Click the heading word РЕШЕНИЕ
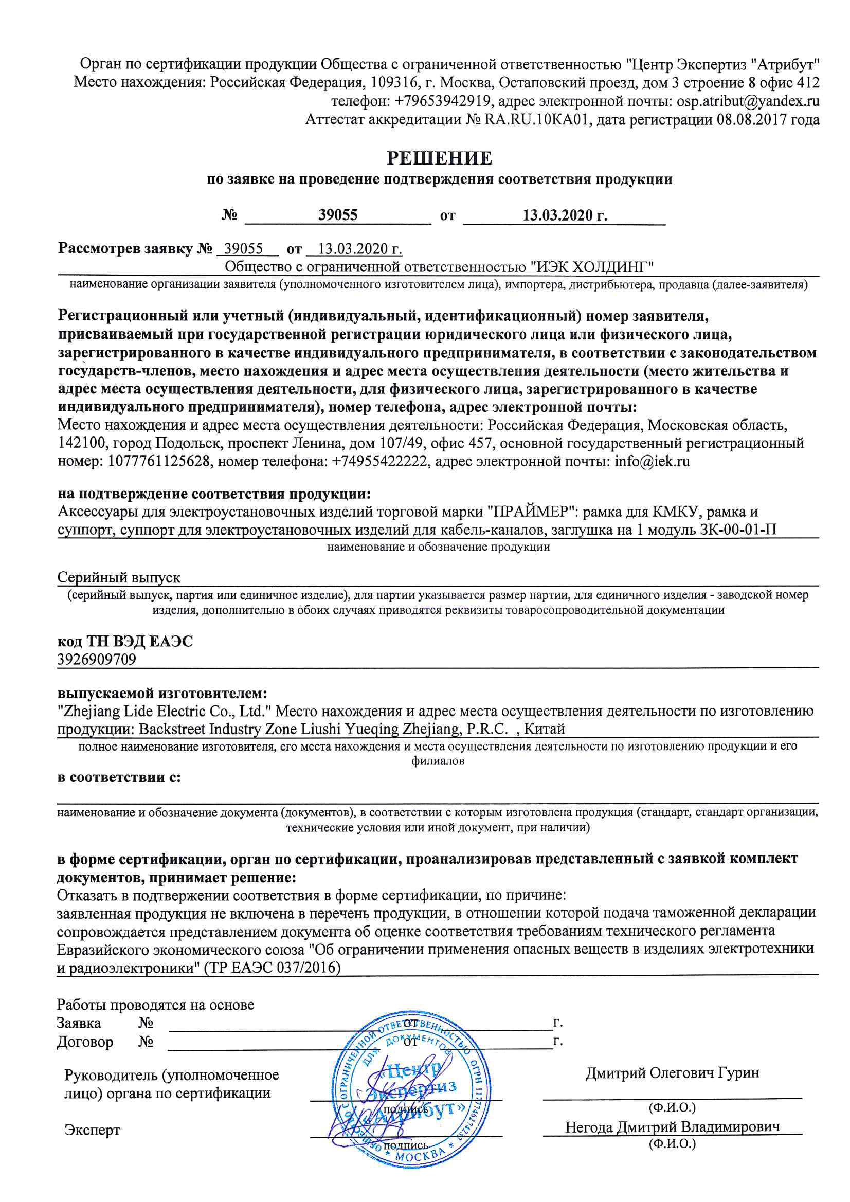[439, 158]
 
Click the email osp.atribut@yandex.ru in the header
[747, 101]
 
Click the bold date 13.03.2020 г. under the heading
[565, 215]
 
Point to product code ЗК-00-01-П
[737, 530]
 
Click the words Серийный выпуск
[119, 577]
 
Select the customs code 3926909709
[97, 659]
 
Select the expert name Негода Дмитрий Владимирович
[672, 1127]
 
